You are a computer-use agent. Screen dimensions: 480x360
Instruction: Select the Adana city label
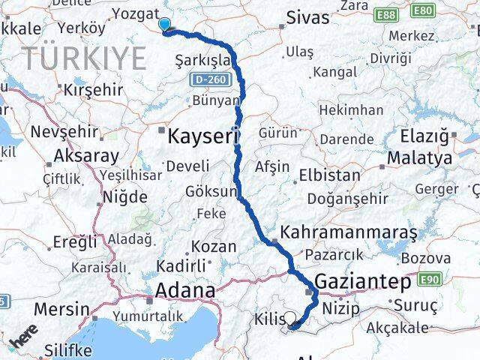[185, 289]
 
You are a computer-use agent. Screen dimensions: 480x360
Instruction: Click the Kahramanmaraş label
[349, 232]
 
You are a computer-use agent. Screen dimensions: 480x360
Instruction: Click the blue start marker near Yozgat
[164, 25]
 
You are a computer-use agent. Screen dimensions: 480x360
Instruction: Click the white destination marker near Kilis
[290, 318]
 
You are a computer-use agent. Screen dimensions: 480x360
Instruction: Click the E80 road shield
[422, 10]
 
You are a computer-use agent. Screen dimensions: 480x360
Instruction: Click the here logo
[24, 337]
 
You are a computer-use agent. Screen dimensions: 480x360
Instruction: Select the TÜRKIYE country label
[83, 58]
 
